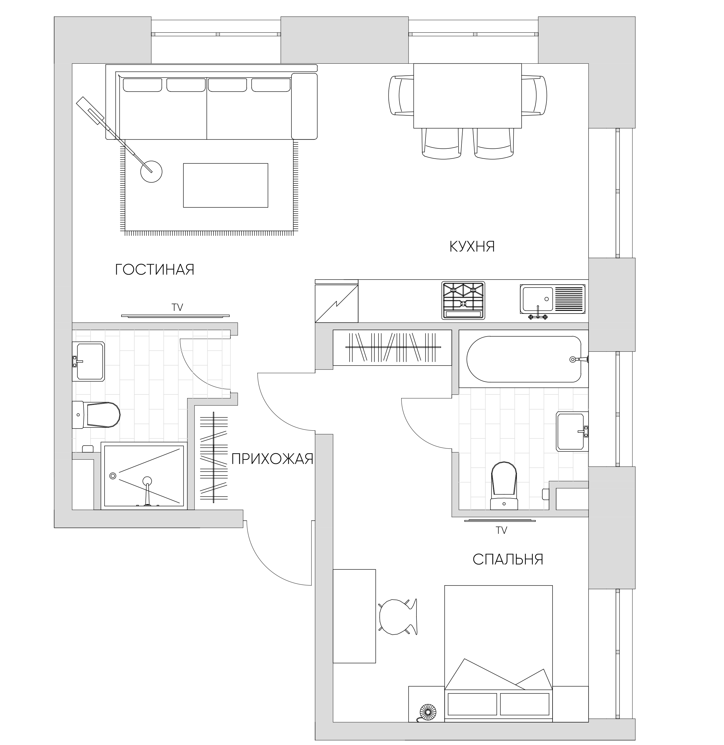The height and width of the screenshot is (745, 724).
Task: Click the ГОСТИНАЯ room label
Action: click(155, 270)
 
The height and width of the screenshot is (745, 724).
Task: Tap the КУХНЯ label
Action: click(472, 247)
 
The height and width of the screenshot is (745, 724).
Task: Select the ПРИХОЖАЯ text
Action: click(272, 459)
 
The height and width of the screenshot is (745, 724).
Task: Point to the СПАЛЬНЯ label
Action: click(508, 559)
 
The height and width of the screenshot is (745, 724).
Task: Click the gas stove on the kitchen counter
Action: click(463, 300)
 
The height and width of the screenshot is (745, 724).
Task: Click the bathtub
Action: click(524, 359)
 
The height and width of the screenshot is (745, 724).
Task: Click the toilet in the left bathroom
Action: click(96, 415)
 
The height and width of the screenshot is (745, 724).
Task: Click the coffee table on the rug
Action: click(225, 185)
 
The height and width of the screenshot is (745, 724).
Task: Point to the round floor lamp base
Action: click(151, 172)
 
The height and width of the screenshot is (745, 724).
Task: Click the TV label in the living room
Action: click(178, 308)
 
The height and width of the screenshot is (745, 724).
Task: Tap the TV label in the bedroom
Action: click(501, 530)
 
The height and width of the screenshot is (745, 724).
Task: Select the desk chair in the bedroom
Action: click(398, 616)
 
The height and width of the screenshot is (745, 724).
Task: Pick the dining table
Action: click(467, 96)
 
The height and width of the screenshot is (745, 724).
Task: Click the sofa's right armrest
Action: click(304, 106)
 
